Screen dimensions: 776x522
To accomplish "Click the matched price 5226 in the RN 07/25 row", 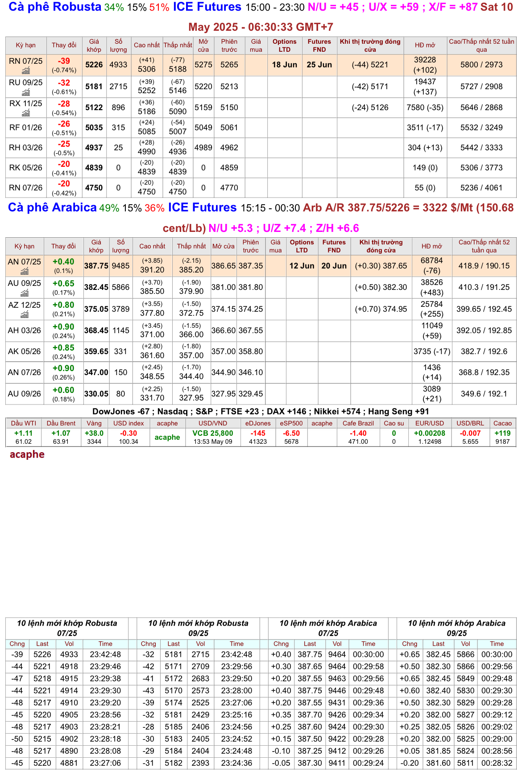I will tap(94, 65).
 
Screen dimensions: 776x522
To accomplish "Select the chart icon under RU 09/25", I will tap(26, 92).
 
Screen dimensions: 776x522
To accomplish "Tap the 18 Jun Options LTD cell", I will tap(285, 65).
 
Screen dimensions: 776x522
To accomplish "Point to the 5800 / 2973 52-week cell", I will tap(481, 65).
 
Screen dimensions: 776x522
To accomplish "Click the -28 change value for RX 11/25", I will tap(64, 103).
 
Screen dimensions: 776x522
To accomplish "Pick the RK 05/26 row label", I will tap(26, 168).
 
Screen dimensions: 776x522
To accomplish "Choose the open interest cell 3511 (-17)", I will tap(425, 128).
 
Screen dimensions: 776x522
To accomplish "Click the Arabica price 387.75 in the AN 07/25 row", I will tap(96, 266).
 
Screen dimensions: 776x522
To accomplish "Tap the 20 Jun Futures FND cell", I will tap(334, 266).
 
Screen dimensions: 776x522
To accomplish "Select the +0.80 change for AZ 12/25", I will tap(63, 305).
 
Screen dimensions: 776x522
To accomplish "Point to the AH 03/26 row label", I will tap(25, 330).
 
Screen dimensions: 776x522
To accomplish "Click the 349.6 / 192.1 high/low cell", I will tap(484, 394).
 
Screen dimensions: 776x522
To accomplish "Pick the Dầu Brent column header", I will tap(61, 423).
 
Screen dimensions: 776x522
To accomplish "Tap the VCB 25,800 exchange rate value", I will tap(213, 433).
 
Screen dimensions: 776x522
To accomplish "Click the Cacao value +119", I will tap(502, 433).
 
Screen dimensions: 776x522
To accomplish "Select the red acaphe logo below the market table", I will tap(27, 454).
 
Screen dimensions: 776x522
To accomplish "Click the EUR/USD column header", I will tap(430, 423).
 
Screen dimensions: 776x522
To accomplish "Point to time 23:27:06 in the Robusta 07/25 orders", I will tap(105, 763).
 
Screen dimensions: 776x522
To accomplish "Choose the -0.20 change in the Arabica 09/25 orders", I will tap(409, 763).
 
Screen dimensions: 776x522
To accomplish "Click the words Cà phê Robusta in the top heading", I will tap(55, 7).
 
